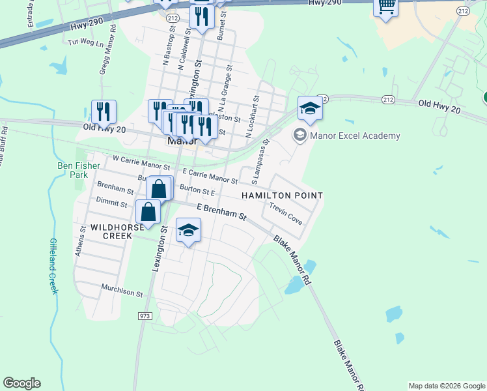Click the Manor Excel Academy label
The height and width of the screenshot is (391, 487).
(355, 136)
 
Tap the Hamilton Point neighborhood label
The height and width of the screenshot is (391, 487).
(282, 195)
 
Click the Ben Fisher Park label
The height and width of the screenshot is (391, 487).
(78, 171)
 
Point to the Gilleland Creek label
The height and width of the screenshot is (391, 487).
(53, 266)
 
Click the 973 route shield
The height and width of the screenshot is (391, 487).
(145, 315)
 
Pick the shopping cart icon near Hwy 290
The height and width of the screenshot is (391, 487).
(386, 7)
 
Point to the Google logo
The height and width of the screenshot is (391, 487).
(21, 383)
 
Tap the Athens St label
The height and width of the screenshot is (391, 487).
(83, 240)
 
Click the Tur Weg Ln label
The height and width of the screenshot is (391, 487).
(86, 42)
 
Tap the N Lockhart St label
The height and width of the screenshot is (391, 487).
(253, 117)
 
